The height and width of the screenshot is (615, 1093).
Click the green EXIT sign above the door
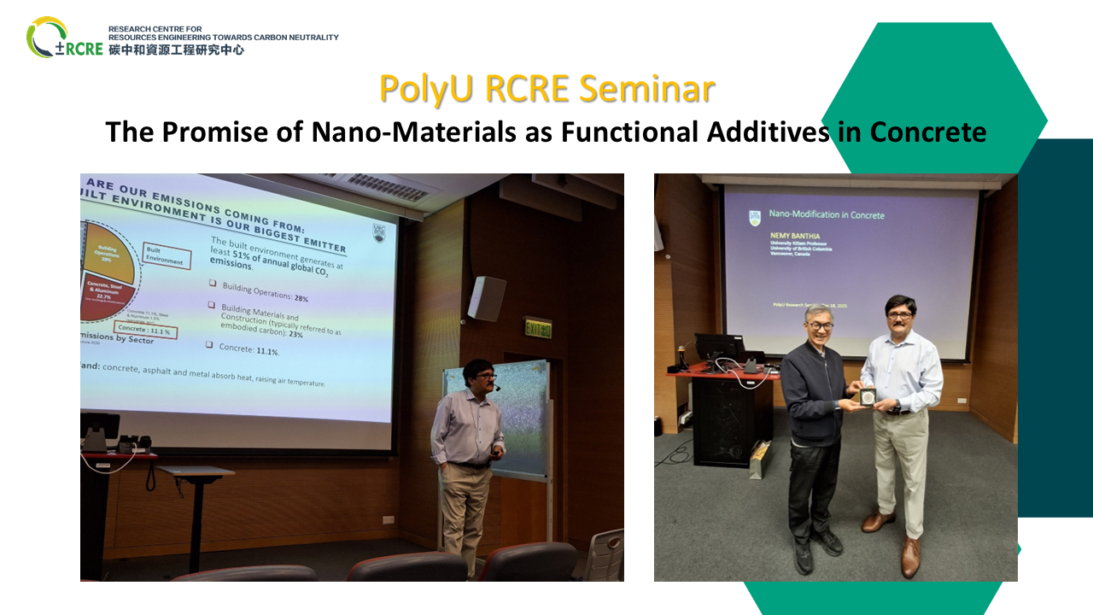click(537, 327)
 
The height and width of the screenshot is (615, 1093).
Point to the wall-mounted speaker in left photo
click(487, 298)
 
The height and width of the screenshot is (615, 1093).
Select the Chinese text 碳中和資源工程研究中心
click(176, 50)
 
